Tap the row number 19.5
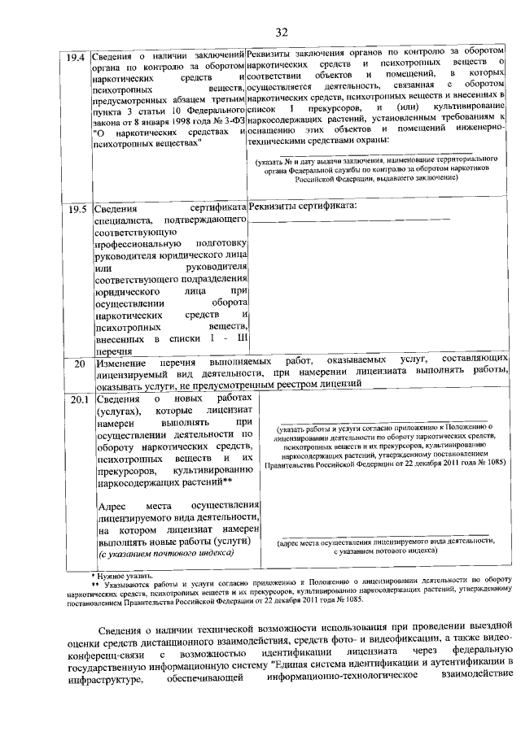[x=75, y=208]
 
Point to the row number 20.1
[x=75, y=399]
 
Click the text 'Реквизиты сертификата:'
[x=303, y=207]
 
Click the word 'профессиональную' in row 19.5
[x=138, y=243]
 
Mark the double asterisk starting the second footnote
[x=95, y=585]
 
